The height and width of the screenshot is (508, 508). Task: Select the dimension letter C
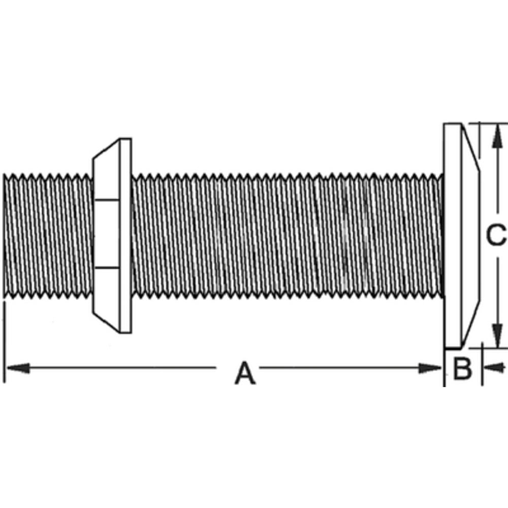click(495, 235)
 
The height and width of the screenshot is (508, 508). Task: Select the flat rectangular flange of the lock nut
click(125, 235)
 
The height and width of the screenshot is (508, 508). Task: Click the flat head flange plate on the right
click(452, 235)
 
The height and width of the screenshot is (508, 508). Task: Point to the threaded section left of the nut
click(48, 235)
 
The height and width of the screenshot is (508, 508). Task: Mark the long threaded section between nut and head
click(287, 235)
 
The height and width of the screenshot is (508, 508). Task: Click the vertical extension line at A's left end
click(5, 340)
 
